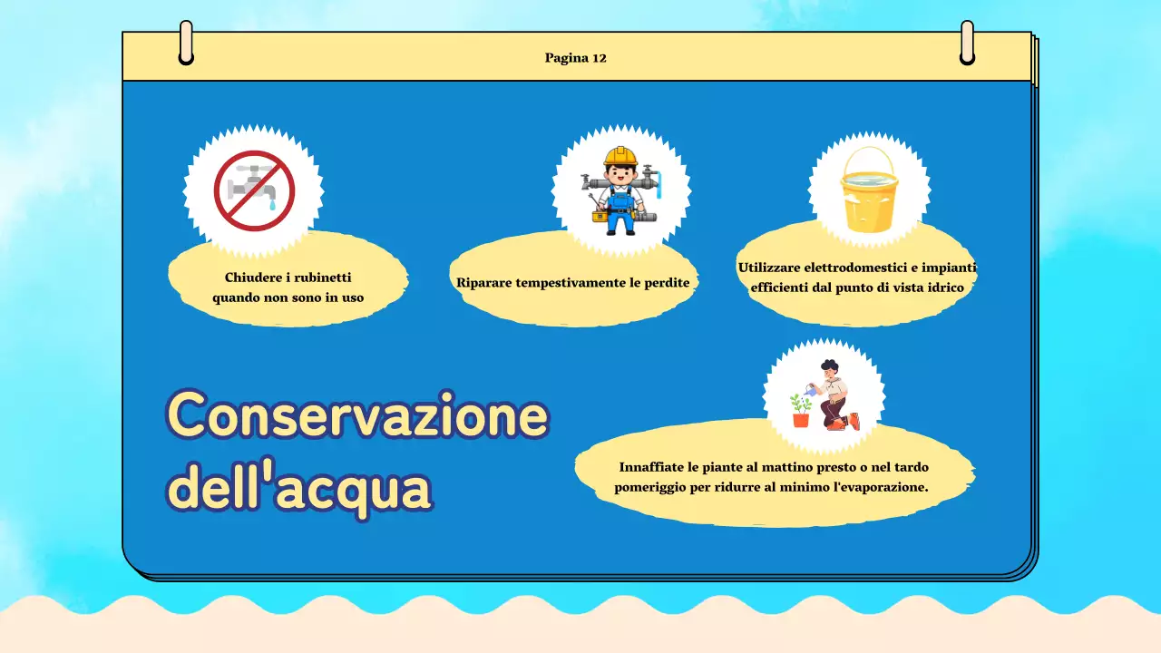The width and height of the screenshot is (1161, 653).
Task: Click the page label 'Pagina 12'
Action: pos(575,58)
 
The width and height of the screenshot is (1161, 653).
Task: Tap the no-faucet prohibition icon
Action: pos(254,190)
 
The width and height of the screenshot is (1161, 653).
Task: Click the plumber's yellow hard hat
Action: pos(621,156)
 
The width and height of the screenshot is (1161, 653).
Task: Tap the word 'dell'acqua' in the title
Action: pos(300,489)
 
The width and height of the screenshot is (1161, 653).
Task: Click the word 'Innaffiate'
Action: pos(651,467)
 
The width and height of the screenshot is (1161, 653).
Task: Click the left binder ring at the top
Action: pos(186,44)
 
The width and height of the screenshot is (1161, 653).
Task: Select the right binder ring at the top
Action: pos(967,44)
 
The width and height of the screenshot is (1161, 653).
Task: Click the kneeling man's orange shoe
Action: pos(854,420)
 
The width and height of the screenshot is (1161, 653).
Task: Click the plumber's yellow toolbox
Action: pos(600,216)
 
